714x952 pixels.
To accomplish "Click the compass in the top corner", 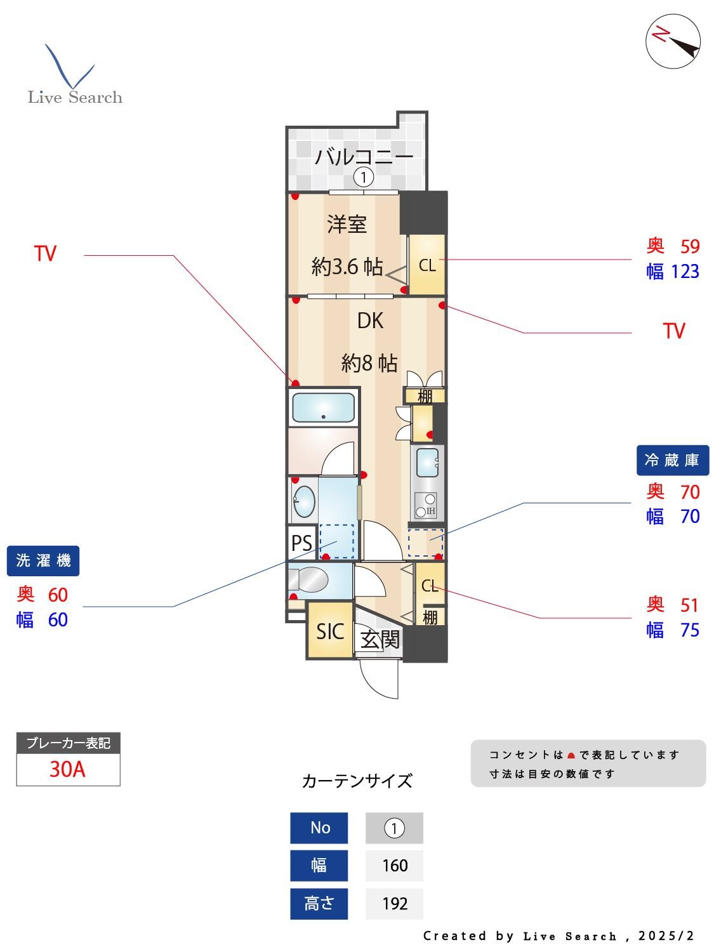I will pyautogui.click(x=673, y=41).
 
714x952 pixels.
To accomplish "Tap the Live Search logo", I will pyautogui.click(x=74, y=76).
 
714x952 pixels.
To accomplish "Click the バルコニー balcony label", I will pyautogui.click(x=364, y=155).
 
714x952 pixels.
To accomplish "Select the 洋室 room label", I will pyautogui.click(x=347, y=224).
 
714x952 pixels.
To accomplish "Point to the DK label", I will pyautogui.click(x=370, y=321).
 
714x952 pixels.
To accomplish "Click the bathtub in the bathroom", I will pyautogui.click(x=322, y=408).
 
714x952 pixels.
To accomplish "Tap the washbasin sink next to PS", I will pyautogui.click(x=304, y=501).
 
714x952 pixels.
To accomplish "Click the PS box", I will pyautogui.click(x=301, y=543).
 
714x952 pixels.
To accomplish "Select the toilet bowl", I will pyautogui.click(x=311, y=579).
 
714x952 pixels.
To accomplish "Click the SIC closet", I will pyautogui.click(x=329, y=631).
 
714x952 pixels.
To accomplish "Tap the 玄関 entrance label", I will pyautogui.click(x=380, y=640).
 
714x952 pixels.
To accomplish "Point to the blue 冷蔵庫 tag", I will pyautogui.click(x=671, y=460).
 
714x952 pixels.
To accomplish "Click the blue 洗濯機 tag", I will pyautogui.click(x=43, y=560).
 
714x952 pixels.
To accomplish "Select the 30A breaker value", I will pyautogui.click(x=67, y=769).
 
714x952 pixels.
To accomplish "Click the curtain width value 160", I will pyautogui.click(x=394, y=865).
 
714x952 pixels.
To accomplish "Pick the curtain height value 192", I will pyautogui.click(x=394, y=903).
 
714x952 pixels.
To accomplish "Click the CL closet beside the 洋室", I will pyautogui.click(x=426, y=265).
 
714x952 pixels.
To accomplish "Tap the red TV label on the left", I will pyautogui.click(x=45, y=254).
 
